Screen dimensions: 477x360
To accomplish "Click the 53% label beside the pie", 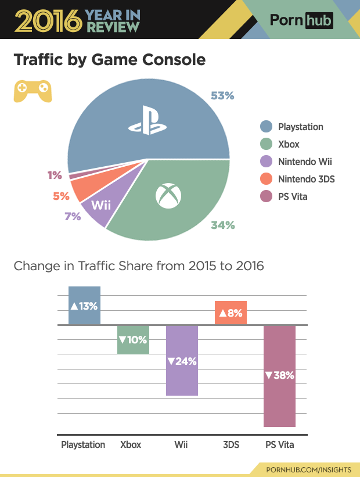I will point(222,96).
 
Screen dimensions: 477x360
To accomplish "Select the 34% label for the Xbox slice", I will point(222,225).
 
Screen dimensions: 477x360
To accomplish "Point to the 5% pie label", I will point(61,196).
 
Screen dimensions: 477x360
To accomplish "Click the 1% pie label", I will point(55,175).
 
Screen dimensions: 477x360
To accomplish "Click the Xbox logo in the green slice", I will point(169,196).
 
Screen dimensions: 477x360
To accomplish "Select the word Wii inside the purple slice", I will point(101,205).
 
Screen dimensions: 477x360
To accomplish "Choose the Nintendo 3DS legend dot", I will point(266,179).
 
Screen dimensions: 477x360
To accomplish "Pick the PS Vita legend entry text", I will point(293,196).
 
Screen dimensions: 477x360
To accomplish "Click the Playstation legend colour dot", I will point(266,127).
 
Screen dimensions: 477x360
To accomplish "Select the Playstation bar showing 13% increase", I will point(84,306).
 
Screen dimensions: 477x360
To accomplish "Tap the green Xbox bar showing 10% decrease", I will point(133,339).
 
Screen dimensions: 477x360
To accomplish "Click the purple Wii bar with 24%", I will point(182,361).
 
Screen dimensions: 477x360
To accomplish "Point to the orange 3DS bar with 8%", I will point(231,313).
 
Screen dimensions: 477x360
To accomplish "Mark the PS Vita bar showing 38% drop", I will point(279,376).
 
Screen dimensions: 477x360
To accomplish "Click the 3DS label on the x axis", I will point(231,445).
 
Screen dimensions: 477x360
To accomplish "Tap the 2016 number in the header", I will point(46,20).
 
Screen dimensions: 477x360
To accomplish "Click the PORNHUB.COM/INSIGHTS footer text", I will point(308,469).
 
